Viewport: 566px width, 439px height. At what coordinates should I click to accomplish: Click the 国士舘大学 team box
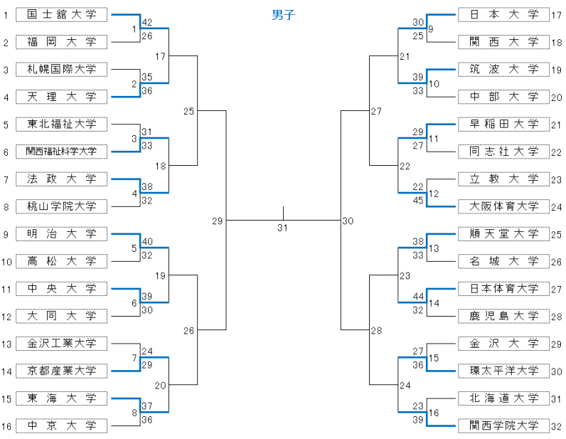[x=61, y=14]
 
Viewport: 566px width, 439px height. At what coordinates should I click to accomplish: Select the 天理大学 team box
[x=61, y=97]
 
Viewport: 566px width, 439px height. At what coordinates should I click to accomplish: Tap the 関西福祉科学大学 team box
[x=61, y=152]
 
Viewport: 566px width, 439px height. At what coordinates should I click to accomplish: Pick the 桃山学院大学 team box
[x=61, y=206]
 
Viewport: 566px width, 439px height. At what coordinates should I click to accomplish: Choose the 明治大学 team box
[x=61, y=234]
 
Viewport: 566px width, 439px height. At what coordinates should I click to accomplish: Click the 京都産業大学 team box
[x=61, y=371]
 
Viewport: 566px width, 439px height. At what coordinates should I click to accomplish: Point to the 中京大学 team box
[x=61, y=425]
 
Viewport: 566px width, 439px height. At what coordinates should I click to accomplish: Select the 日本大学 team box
[x=504, y=14]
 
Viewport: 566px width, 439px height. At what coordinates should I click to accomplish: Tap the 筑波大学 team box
[x=504, y=69]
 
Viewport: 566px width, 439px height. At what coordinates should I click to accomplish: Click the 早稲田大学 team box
[x=504, y=125]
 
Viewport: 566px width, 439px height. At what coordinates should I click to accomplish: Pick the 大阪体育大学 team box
[x=504, y=206]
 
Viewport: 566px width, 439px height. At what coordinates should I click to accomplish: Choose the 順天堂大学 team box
[x=504, y=234]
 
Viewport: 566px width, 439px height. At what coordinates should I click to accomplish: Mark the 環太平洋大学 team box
[x=504, y=371]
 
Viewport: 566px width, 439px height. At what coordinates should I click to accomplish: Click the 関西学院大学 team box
[x=504, y=425]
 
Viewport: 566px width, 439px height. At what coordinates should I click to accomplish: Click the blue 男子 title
[x=283, y=15]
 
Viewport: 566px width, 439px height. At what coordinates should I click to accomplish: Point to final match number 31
[x=283, y=228]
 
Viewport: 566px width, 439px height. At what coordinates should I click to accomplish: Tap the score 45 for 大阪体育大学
[x=418, y=200]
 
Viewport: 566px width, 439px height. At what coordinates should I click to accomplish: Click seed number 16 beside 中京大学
[x=6, y=426]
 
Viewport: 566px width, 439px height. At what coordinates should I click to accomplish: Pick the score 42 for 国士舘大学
[x=147, y=22]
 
